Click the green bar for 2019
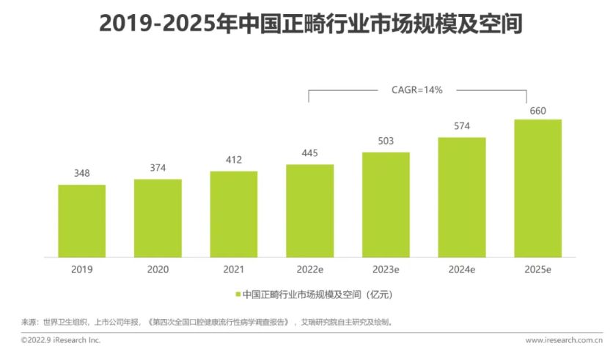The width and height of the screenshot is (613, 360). (x=81, y=221)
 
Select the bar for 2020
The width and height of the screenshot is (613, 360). (x=158, y=218)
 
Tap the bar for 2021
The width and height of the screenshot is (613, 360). (x=233, y=214)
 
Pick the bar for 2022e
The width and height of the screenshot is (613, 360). (x=309, y=210)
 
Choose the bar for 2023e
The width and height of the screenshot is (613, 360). (x=386, y=205)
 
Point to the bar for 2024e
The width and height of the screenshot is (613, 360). (x=462, y=197)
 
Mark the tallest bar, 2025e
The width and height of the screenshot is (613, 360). (x=537, y=188)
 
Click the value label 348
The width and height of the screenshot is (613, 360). (x=81, y=174)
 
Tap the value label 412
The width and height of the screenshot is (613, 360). (x=233, y=160)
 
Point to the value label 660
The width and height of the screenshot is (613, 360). (x=537, y=110)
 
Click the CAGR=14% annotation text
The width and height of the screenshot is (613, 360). (x=417, y=89)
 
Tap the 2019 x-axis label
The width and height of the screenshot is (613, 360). (x=81, y=270)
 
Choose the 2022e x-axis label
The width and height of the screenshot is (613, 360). (x=309, y=270)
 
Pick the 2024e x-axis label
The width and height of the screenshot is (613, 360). (x=462, y=270)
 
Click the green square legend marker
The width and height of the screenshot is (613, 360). (x=238, y=295)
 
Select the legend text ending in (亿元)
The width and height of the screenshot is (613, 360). (x=314, y=295)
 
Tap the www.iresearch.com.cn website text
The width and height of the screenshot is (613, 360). (x=563, y=340)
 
